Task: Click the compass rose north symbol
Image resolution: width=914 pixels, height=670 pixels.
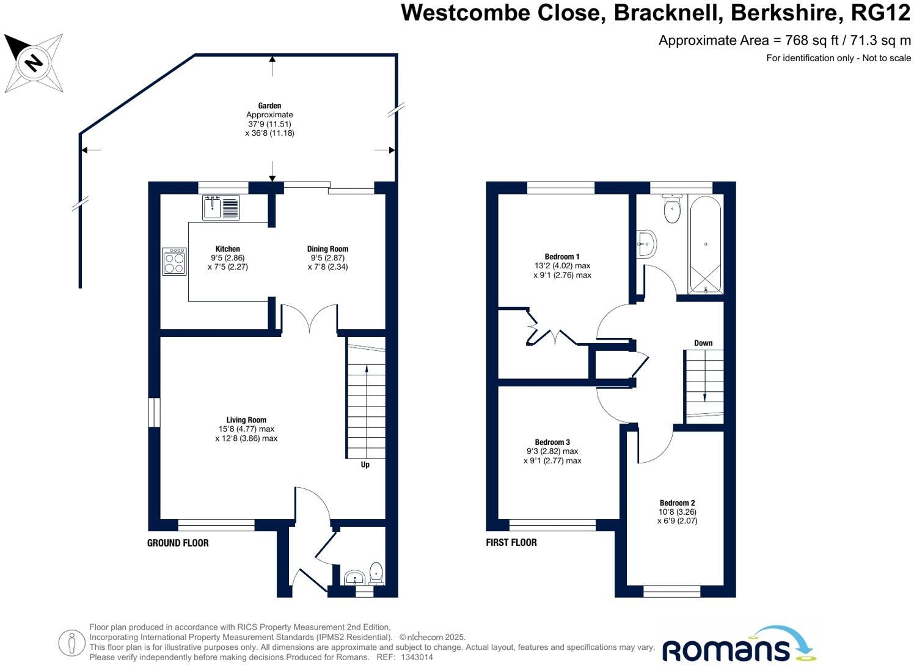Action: [34, 62]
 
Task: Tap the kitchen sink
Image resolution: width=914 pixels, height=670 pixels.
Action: [221, 207]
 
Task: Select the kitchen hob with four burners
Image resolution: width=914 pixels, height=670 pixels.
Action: [174, 261]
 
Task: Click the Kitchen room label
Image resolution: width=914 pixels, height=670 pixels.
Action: [227, 249]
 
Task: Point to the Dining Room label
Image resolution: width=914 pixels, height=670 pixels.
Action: [327, 249]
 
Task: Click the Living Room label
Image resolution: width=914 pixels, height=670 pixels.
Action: [246, 420]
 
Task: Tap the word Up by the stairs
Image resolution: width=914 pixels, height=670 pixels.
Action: [365, 465]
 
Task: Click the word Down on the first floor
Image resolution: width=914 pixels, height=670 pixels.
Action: [703, 343]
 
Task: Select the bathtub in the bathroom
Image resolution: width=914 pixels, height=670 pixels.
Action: [706, 245]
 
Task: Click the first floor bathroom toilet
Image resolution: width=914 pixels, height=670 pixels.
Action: [672, 208]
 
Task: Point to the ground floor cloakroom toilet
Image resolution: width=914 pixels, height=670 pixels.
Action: [376, 573]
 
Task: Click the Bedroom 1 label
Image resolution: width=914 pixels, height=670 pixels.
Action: [562, 257]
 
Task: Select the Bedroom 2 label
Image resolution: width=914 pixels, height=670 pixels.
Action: [677, 503]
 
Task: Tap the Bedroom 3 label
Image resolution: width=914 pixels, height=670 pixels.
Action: [552, 442]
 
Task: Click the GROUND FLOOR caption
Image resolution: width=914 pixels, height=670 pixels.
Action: [178, 543]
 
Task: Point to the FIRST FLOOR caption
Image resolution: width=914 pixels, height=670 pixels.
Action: [511, 542]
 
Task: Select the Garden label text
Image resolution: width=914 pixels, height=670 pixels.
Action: [269, 106]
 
